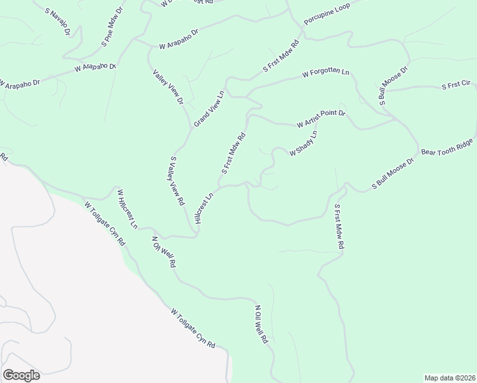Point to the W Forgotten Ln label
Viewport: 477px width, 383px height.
pos(325,73)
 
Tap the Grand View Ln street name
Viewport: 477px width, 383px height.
pos(210,108)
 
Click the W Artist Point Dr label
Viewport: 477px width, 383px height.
pos(321,118)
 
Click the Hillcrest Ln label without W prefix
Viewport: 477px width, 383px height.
pos(204,206)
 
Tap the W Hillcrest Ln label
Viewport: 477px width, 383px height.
pos(127,208)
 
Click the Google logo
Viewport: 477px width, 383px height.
pos(20,375)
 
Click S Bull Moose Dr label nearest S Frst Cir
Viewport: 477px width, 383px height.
pos(392,84)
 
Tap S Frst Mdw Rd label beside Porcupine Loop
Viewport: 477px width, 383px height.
pos(281,57)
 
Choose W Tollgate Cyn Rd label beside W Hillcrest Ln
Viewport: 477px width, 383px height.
pos(105,224)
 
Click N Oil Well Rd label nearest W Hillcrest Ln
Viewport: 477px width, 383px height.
pos(163,252)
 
